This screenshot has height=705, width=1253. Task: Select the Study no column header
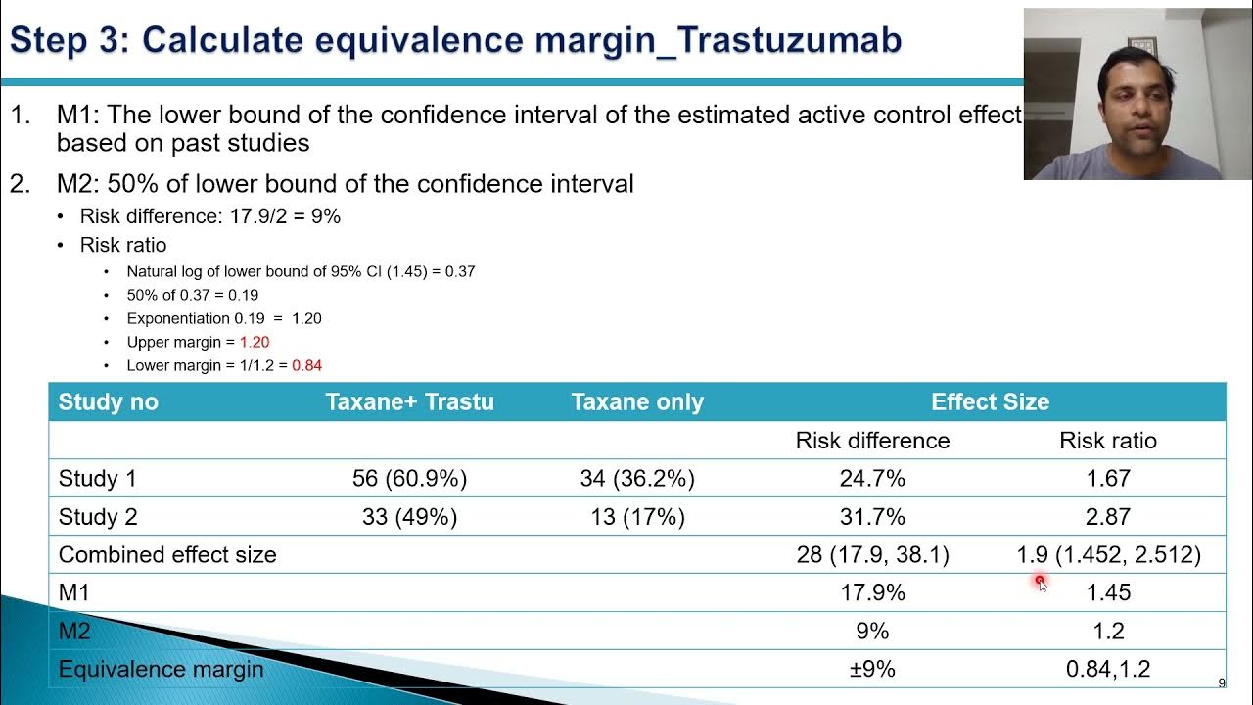[x=108, y=401]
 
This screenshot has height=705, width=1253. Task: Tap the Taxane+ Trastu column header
[x=409, y=401]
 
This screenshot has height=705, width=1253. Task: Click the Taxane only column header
[x=637, y=401]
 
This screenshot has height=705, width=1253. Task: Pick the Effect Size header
[x=990, y=401]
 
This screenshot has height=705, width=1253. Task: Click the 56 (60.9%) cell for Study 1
[x=409, y=479]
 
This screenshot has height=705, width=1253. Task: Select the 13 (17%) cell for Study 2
[x=637, y=517]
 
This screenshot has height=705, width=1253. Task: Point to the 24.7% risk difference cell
[x=872, y=479]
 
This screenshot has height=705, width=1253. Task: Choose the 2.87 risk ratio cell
[x=1108, y=517]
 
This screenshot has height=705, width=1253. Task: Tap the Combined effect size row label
[x=167, y=555]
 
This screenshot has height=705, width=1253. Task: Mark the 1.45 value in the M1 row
[x=1108, y=592]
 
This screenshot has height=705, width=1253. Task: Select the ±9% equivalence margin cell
[x=872, y=669]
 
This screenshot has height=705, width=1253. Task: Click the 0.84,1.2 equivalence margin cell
[x=1108, y=669]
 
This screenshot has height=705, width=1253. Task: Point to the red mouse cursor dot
[x=1040, y=581]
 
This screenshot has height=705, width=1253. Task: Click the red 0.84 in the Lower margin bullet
[x=306, y=365]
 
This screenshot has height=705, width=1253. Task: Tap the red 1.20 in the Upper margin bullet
[x=254, y=342]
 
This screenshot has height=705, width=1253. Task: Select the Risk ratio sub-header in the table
[x=1108, y=441]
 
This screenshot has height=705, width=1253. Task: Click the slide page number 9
[x=1221, y=683]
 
